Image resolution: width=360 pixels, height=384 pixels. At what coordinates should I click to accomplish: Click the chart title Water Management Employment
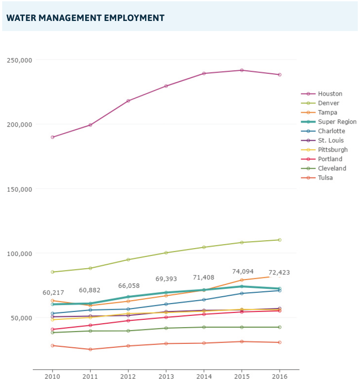click(x=86, y=18)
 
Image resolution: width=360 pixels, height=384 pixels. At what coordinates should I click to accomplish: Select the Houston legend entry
click(x=330, y=94)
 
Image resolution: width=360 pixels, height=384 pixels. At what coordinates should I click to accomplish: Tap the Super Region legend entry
click(x=337, y=122)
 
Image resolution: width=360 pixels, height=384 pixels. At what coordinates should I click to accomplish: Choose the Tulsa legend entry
click(x=325, y=178)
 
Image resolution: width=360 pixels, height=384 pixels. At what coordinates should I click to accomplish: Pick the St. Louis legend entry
click(x=330, y=141)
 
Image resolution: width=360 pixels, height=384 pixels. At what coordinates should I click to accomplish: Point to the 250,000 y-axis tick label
click(x=20, y=60)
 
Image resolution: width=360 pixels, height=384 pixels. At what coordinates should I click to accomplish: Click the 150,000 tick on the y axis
click(x=20, y=189)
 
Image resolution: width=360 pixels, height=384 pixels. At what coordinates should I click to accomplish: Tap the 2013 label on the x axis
click(x=166, y=377)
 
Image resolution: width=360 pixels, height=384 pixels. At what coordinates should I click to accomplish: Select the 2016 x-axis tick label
click(x=280, y=377)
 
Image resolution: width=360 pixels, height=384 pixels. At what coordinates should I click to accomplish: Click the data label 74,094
click(x=243, y=272)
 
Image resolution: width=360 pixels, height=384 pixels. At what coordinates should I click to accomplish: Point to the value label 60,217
click(x=53, y=293)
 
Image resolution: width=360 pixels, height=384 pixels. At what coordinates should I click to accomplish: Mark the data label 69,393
click(x=167, y=279)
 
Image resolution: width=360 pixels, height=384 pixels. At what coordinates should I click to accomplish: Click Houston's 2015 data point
click(x=242, y=70)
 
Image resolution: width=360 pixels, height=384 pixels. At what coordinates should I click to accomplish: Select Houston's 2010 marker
click(x=52, y=137)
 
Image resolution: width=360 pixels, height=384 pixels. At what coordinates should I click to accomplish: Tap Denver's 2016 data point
click(x=280, y=240)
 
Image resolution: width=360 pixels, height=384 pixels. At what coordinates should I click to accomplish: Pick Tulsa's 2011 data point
click(x=90, y=349)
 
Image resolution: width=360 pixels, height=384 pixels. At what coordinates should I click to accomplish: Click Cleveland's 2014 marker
click(x=204, y=327)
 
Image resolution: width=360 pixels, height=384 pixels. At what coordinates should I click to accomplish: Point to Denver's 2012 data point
click(x=128, y=259)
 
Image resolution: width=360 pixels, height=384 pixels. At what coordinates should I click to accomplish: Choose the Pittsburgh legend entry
click(x=332, y=150)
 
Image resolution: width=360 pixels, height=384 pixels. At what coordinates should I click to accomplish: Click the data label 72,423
click(x=279, y=273)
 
